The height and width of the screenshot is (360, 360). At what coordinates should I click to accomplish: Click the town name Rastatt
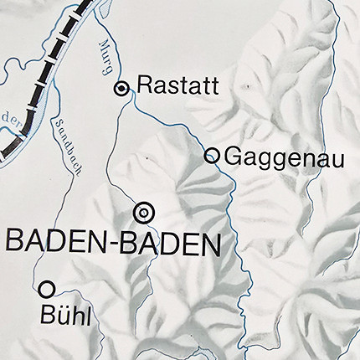coord(177,85)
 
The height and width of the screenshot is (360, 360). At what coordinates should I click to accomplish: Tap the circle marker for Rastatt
coord(122,87)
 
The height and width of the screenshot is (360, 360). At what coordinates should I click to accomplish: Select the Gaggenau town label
coord(274,156)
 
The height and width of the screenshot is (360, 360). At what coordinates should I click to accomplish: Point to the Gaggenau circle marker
coord(212,155)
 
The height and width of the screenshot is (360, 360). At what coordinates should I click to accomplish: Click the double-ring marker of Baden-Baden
coord(144,213)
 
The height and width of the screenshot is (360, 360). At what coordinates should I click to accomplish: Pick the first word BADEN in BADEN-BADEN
coord(55,244)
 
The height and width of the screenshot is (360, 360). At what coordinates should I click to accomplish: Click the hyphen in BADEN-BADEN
coord(112,245)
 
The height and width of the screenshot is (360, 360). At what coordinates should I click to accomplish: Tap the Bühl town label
coord(64,315)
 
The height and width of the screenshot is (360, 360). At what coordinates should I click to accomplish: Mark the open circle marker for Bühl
coord(47,289)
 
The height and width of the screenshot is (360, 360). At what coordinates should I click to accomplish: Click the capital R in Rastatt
coord(143,85)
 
